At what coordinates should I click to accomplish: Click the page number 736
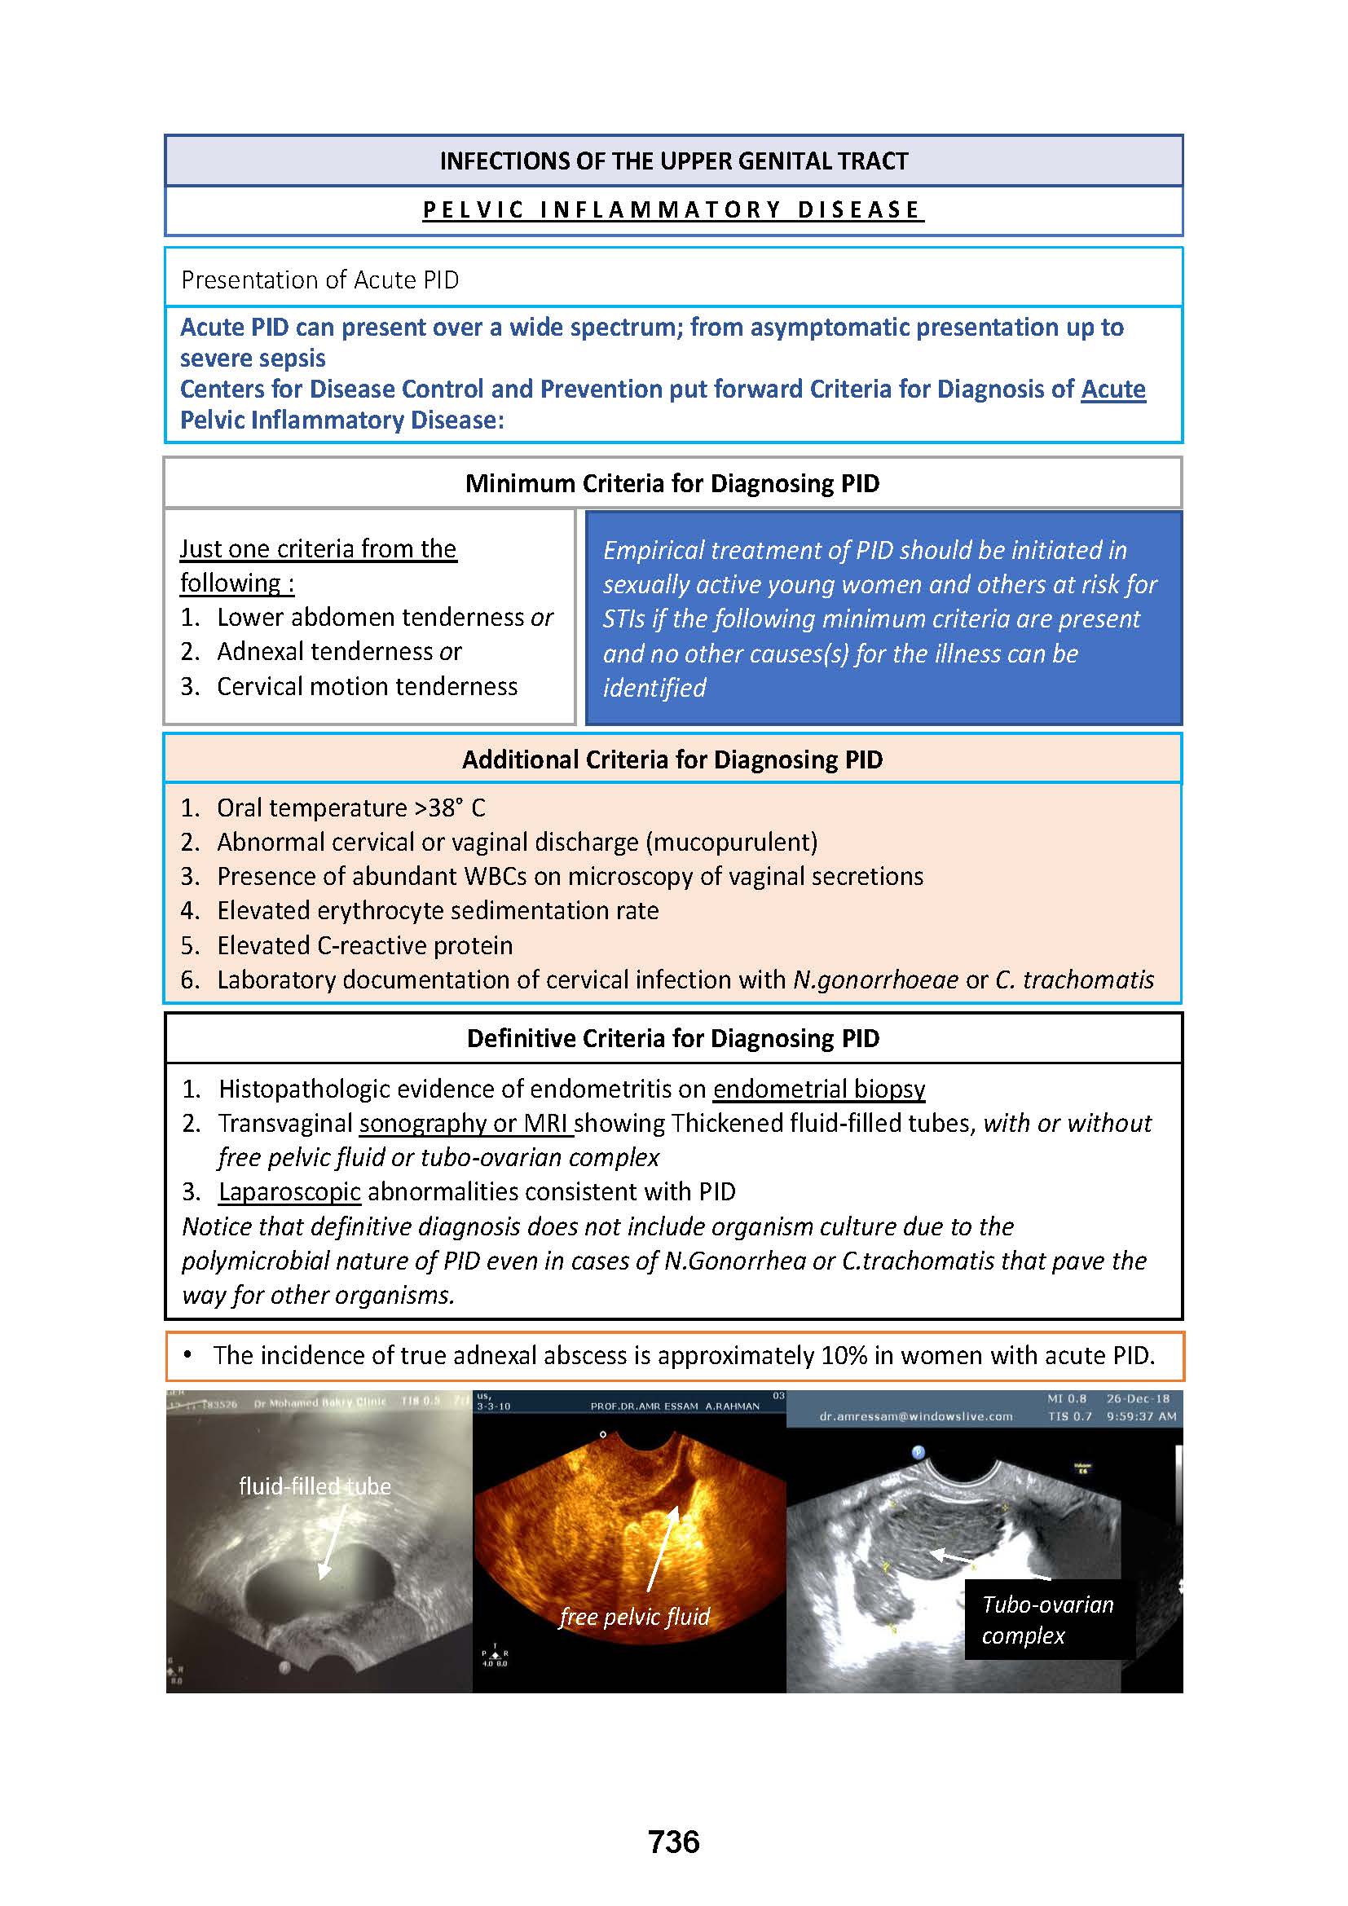click(673, 1842)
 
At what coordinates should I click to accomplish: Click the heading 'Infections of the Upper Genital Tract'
click(673, 161)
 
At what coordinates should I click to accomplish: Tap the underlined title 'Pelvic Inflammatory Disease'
click(673, 210)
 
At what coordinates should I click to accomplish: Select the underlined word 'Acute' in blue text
click(1112, 390)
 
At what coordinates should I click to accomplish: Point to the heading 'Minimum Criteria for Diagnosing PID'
click(672, 483)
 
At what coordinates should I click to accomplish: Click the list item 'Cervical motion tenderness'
click(367, 686)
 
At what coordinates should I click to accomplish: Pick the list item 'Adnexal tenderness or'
click(339, 652)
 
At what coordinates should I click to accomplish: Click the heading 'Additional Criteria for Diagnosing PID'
click(672, 759)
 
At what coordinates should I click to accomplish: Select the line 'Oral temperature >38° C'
click(350, 808)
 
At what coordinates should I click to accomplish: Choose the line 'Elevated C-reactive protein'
click(364, 945)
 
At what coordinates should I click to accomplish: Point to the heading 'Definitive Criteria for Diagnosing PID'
click(673, 1038)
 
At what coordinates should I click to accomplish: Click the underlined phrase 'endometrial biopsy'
click(818, 1089)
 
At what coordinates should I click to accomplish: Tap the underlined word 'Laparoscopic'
click(289, 1192)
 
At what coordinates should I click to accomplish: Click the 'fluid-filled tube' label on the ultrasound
click(315, 1486)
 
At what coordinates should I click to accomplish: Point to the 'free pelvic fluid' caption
click(635, 1617)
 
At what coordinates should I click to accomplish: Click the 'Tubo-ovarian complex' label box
click(1047, 1620)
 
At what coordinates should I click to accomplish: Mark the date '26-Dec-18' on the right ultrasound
click(1137, 1399)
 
